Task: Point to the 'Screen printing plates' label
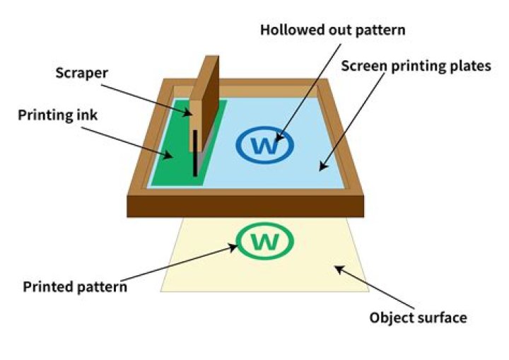[x=415, y=66]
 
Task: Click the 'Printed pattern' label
[x=75, y=287]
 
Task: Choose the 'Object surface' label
[x=418, y=318]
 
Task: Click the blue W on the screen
[x=265, y=146]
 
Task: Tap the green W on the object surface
[x=265, y=242]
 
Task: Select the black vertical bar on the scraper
[x=194, y=153]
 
